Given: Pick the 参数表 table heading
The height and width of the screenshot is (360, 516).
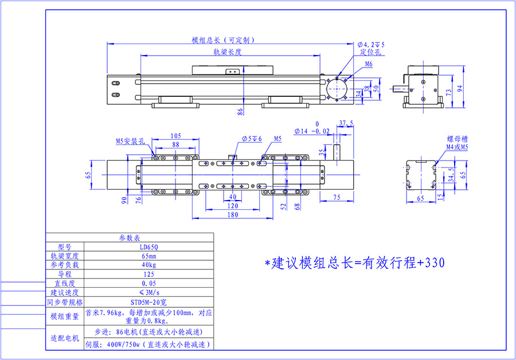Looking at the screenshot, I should click(x=130, y=238).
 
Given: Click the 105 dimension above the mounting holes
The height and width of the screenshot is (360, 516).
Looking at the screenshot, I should click(x=176, y=136).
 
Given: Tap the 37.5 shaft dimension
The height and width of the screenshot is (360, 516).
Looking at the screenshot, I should click(x=346, y=123).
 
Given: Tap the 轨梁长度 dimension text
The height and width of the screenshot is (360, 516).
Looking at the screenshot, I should click(x=226, y=52).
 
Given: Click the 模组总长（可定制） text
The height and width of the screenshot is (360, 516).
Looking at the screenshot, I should click(x=223, y=40).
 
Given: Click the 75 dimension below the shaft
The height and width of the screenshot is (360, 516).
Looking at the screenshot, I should click(x=337, y=198).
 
